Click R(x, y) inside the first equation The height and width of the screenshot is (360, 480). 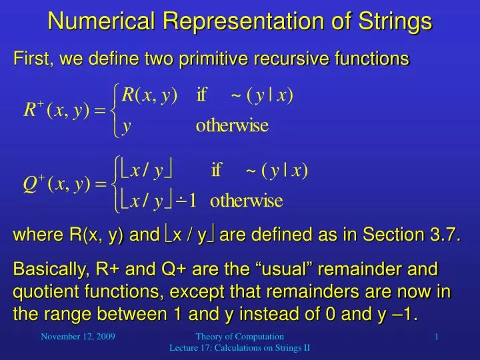pyautogui.click(x=150, y=95)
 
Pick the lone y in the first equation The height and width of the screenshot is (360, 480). pyautogui.click(x=126, y=126)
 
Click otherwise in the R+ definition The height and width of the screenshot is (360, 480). pyautogui.click(x=232, y=126)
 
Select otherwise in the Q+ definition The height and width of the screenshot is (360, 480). pyautogui.click(x=246, y=200)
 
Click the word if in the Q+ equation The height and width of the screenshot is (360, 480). pyautogui.click(x=216, y=170)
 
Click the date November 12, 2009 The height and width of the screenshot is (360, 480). pyautogui.click(x=78, y=337)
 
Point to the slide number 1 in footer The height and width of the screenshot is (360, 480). pyautogui.click(x=436, y=337)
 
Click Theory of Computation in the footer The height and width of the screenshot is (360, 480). pyautogui.click(x=240, y=337)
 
